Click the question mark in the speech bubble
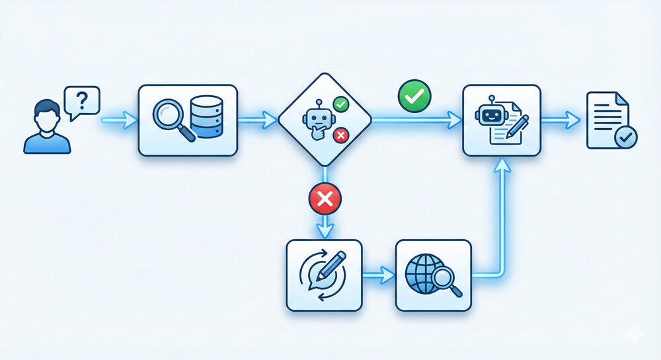coord(82,101)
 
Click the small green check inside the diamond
coord(340,104)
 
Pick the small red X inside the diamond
coord(340,135)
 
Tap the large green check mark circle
coord(414,96)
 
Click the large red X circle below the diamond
coord(325,198)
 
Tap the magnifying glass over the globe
coord(447,280)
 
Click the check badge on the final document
coord(625,137)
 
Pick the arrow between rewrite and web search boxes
coord(379,273)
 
